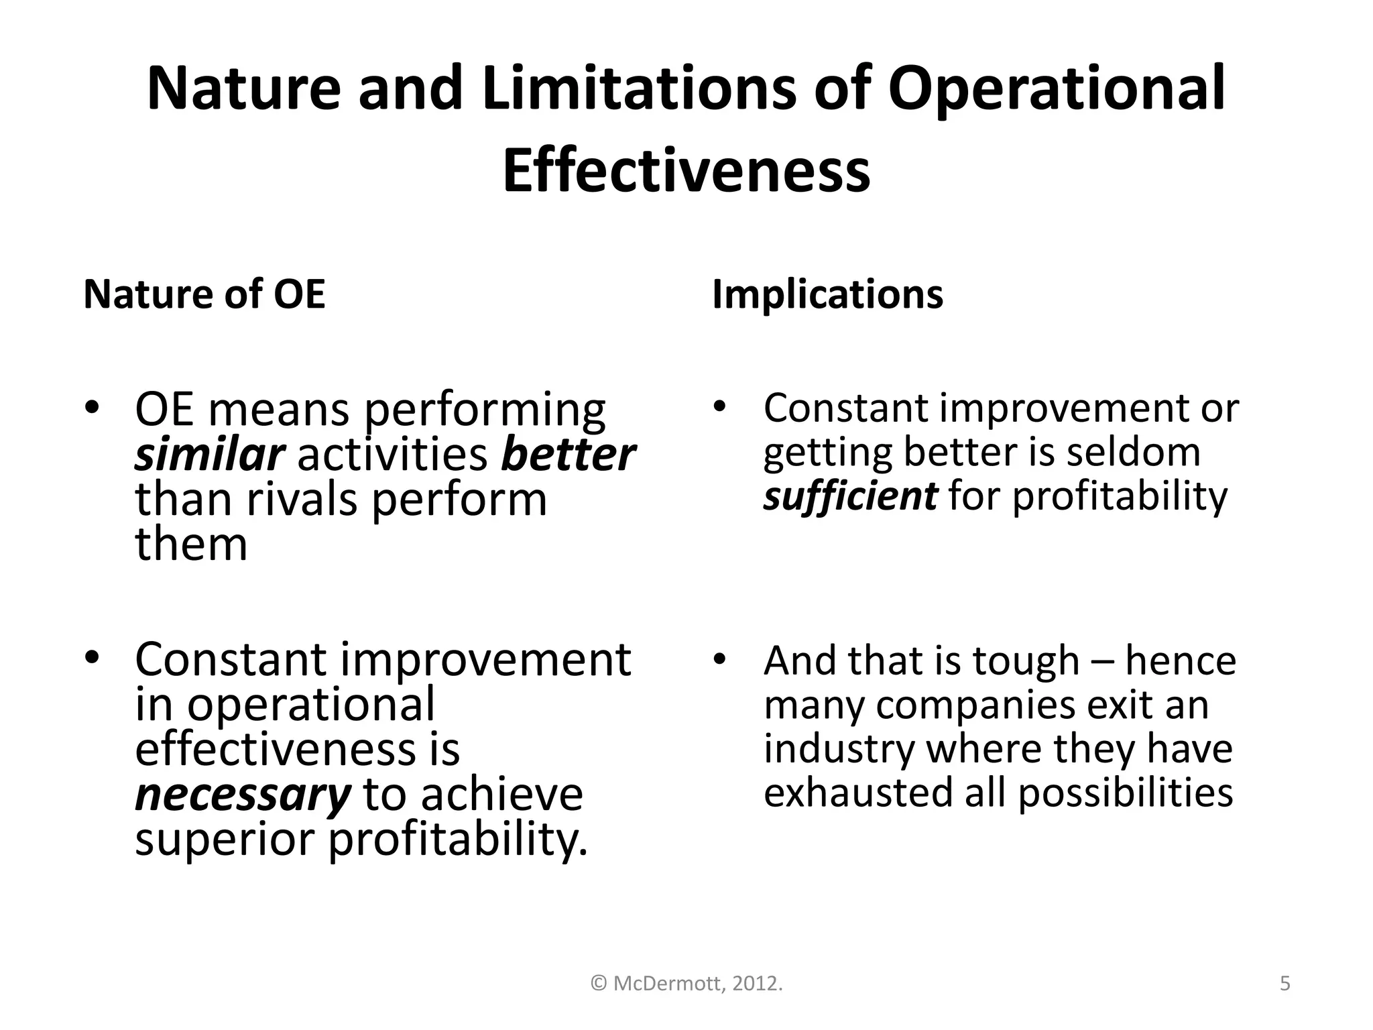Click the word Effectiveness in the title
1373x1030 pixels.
pos(686,170)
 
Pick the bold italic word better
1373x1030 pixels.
pos(567,455)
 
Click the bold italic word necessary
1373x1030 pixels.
pos(243,794)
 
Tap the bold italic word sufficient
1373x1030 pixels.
pos(850,496)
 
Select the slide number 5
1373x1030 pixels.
pos(1285,984)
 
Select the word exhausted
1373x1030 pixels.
pos(858,793)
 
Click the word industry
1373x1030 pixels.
pos(839,749)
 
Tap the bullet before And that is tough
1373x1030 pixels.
pos(719,659)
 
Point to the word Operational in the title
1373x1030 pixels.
pos(1057,89)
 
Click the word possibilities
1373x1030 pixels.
pos(1126,793)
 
